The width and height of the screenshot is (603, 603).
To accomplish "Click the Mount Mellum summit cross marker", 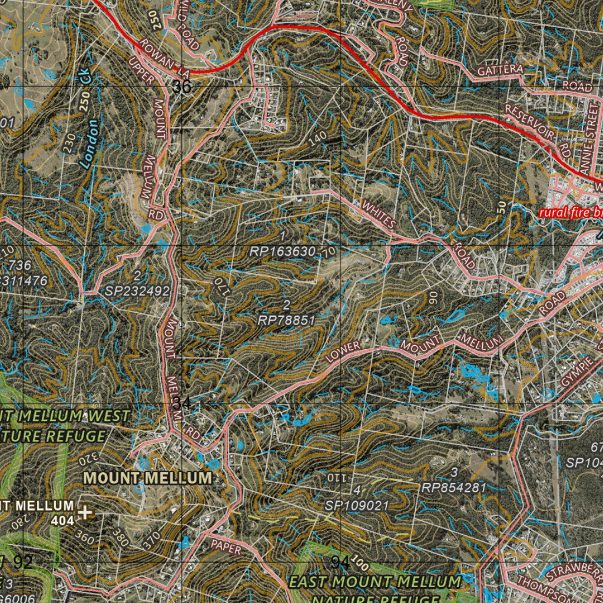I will [x=86, y=512].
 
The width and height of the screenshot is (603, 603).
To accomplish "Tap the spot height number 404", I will [x=62, y=521].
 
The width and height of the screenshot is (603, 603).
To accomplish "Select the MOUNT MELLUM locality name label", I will [x=148, y=478].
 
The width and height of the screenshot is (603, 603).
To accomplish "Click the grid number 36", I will [x=183, y=87].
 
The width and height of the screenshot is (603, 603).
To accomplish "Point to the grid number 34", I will [x=181, y=403].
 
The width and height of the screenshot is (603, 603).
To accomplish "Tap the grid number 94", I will [x=340, y=562].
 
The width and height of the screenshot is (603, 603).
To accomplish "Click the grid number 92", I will [x=23, y=562].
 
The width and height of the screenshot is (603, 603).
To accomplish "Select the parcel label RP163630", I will [x=283, y=251].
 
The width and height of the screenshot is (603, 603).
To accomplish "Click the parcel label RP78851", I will [x=287, y=320].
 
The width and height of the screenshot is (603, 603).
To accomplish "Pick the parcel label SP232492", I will [x=138, y=290].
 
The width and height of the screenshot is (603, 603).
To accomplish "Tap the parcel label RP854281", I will [x=454, y=487].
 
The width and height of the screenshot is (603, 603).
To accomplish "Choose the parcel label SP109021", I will [x=357, y=505].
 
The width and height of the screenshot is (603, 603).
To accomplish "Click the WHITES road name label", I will [x=379, y=214].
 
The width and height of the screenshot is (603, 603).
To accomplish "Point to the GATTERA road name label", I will [x=500, y=70].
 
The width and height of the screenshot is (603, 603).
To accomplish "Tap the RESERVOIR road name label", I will [x=530, y=121].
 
